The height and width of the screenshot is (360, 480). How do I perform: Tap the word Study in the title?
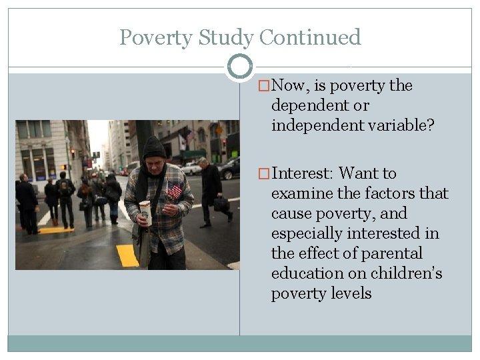click(x=218, y=37)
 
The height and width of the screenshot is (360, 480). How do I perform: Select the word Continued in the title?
click(x=310, y=37)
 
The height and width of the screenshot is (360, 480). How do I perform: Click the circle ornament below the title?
click(x=240, y=67)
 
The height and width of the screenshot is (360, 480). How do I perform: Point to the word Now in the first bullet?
click(x=288, y=86)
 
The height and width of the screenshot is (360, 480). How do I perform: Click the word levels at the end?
click(x=349, y=294)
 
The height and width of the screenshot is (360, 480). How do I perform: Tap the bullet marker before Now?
click(x=265, y=86)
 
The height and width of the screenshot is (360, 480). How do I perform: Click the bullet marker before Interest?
click(x=265, y=174)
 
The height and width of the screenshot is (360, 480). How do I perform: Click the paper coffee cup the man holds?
click(x=145, y=212)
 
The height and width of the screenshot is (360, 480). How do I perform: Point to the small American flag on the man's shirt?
click(x=173, y=191)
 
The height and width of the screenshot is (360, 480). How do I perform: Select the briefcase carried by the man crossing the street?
click(x=221, y=203)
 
